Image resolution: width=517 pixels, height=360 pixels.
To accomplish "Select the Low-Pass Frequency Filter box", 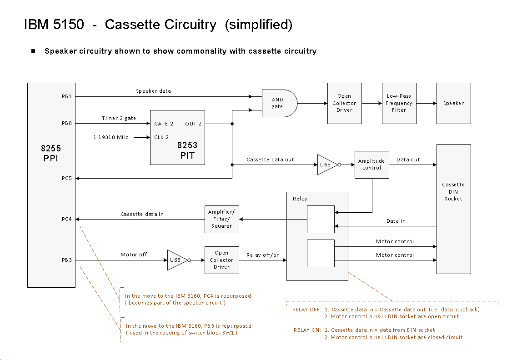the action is (x=399, y=103).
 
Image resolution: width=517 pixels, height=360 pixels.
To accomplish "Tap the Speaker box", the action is (x=454, y=103).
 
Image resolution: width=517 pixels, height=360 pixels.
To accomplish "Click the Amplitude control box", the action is (x=372, y=165).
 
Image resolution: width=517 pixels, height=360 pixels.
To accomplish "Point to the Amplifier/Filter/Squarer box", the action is (x=222, y=219).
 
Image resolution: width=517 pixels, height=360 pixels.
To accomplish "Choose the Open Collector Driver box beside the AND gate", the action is (x=345, y=103).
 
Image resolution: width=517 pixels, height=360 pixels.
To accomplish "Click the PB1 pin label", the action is (x=66, y=97).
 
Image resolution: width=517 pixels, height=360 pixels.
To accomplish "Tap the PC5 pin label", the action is (x=66, y=178).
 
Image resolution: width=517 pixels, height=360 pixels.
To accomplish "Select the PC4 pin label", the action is (x=66, y=219).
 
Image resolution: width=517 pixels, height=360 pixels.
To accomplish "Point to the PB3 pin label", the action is (x=66, y=260).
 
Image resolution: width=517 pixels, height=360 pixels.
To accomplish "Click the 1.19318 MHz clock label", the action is (x=110, y=137).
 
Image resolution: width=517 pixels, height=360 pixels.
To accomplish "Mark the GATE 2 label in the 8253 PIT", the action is (x=164, y=124).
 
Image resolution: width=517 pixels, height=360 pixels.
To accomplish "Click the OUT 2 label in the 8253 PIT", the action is (x=193, y=124).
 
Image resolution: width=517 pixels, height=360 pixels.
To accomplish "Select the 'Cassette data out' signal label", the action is (x=270, y=160).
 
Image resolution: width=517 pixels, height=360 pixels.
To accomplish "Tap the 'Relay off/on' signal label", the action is (x=263, y=255).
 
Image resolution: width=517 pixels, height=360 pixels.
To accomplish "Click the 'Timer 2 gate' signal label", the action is (x=119, y=118).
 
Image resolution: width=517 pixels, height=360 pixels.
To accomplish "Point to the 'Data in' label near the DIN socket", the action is (x=396, y=221).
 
